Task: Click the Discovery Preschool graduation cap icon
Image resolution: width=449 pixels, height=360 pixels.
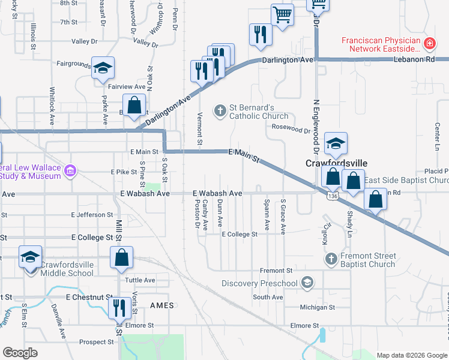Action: tap(307, 283)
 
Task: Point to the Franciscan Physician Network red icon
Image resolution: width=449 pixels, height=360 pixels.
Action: tap(429, 44)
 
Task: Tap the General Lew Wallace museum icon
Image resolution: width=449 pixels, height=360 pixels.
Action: tap(70, 171)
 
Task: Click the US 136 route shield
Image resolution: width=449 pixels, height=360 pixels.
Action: tap(332, 196)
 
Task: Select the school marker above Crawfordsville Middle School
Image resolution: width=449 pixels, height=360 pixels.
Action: tap(30, 257)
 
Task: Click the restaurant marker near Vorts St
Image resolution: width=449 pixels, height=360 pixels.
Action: tap(119, 308)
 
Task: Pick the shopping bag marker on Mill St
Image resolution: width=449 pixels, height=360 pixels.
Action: tap(121, 257)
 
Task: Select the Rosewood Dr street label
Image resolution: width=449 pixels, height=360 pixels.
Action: tap(291, 130)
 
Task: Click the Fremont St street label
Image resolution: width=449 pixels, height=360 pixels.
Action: tap(276, 271)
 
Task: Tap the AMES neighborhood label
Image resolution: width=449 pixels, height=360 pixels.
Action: tap(162, 305)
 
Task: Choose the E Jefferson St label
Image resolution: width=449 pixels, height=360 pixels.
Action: tap(92, 214)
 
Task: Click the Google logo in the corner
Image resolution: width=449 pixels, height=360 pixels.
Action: tap(20, 353)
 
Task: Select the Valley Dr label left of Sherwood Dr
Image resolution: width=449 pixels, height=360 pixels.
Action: tap(84, 41)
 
